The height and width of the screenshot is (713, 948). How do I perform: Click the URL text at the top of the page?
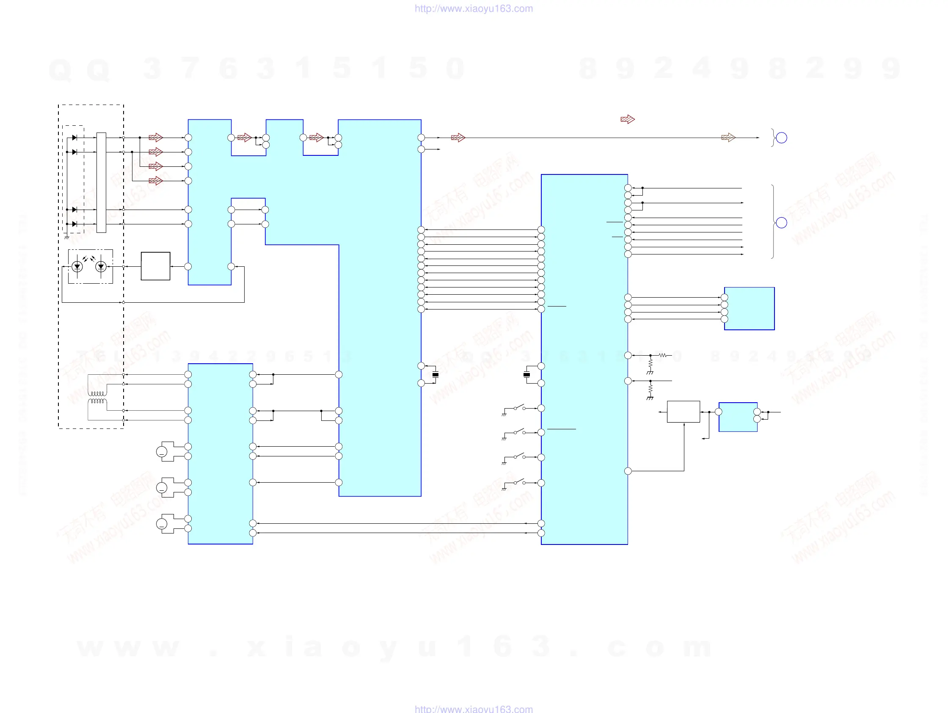[x=473, y=8]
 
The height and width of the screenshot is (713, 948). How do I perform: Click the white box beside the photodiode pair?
[x=155, y=266]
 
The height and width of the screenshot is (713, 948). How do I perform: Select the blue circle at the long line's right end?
[x=782, y=138]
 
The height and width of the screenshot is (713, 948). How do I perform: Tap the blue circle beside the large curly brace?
[x=782, y=223]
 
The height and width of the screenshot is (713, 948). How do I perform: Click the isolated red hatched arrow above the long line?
[x=628, y=119]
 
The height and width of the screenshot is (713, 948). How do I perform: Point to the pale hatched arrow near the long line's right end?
[x=728, y=138]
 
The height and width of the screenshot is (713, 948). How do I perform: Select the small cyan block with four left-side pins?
[x=749, y=308]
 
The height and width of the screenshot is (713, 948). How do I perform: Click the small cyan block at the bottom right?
[x=738, y=417]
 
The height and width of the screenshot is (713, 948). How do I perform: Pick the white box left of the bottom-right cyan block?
[x=683, y=412]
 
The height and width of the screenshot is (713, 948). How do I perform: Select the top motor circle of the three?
[x=162, y=451]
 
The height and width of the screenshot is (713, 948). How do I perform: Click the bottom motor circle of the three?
[x=162, y=523]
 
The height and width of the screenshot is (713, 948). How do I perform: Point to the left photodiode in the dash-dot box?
[x=77, y=267]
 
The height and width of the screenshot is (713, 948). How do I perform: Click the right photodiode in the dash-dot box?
[x=101, y=267]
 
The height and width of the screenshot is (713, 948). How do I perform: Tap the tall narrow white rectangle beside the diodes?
[x=101, y=182]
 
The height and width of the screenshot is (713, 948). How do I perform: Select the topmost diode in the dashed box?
[x=74, y=138]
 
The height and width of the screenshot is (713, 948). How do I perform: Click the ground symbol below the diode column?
[x=66, y=237]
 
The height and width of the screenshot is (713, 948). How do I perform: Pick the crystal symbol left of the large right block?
[x=527, y=375]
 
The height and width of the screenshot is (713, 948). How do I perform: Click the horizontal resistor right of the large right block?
[x=663, y=355]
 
